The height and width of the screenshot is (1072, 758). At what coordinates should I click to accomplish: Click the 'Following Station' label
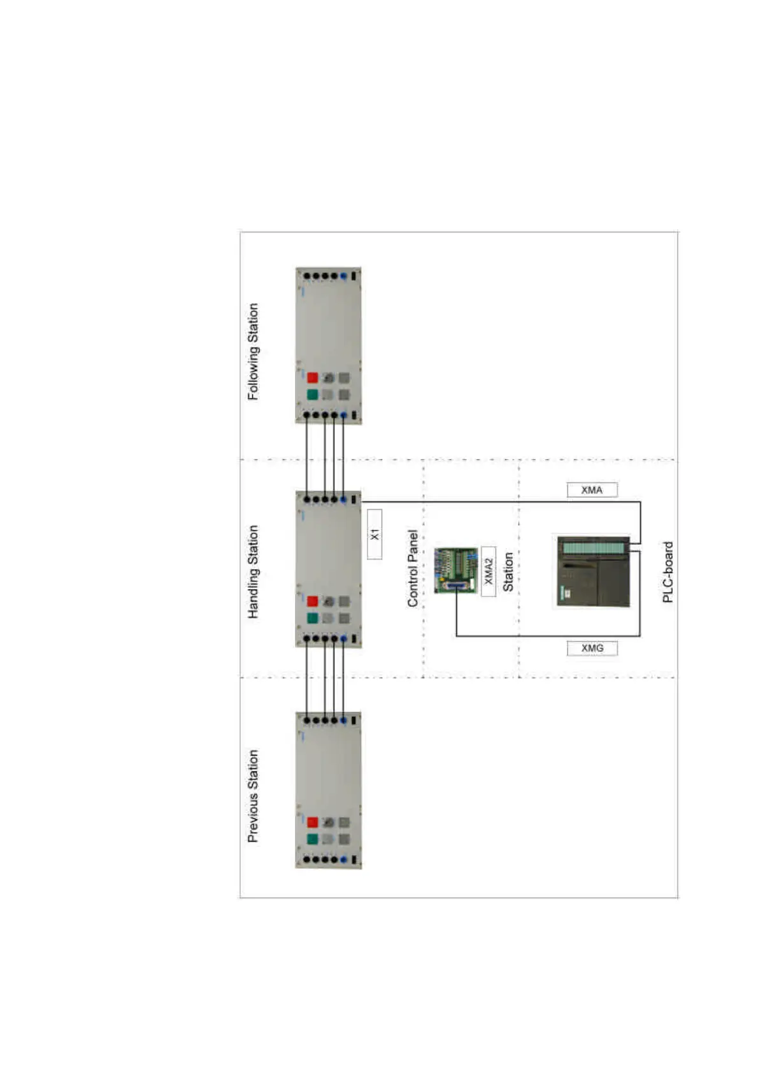pyautogui.click(x=254, y=351)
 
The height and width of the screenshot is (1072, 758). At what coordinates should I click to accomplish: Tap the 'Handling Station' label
pyautogui.click(x=254, y=572)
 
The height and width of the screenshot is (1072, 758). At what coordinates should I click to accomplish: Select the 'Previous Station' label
pyautogui.click(x=254, y=796)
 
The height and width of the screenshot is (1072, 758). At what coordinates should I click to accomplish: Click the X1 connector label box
pyautogui.click(x=375, y=534)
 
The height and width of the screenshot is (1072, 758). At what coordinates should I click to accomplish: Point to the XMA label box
pyautogui.click(x=592, y=490)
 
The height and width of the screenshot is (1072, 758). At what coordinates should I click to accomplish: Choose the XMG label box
pyautogui.click(x=592, y=648)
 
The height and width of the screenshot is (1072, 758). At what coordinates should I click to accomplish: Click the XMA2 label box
pyautogui.click(x=489, y=571)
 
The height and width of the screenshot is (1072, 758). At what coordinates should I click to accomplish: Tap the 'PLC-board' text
pyautogui.click(x=668, y=572)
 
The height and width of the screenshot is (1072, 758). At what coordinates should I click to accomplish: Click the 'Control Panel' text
pyautogui.click(x=413, y=568)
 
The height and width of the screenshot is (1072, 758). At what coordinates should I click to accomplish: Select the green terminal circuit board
pyautogui.click(x=456, y=570)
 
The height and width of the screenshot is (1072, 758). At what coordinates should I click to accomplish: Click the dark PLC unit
pyautogui.click(x=594, y=571)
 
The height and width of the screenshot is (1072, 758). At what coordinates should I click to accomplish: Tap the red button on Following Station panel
pyautogui.click(x=312, y=377)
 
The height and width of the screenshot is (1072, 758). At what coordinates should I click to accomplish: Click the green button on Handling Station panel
pyautogui.click(x=312, y=618)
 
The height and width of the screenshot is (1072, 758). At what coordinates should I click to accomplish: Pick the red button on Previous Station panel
pyautogui.click(x=312, y=822)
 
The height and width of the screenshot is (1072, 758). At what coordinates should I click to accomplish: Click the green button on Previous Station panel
pyautogui.click(x=312, y=839)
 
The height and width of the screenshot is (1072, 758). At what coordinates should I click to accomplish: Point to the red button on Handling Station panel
pyautogui.click(x=312, y=601)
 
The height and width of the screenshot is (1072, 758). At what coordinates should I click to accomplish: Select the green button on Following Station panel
pyautogui.click(x=312, y=395)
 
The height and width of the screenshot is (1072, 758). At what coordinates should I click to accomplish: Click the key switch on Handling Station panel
pyautogui.click(x=329, y=601)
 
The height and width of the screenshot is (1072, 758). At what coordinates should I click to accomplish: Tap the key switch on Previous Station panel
pyautogui.click(x=329, y=822)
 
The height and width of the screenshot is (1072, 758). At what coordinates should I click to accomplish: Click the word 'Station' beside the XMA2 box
pyautogui.click(x=508, y=571)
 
